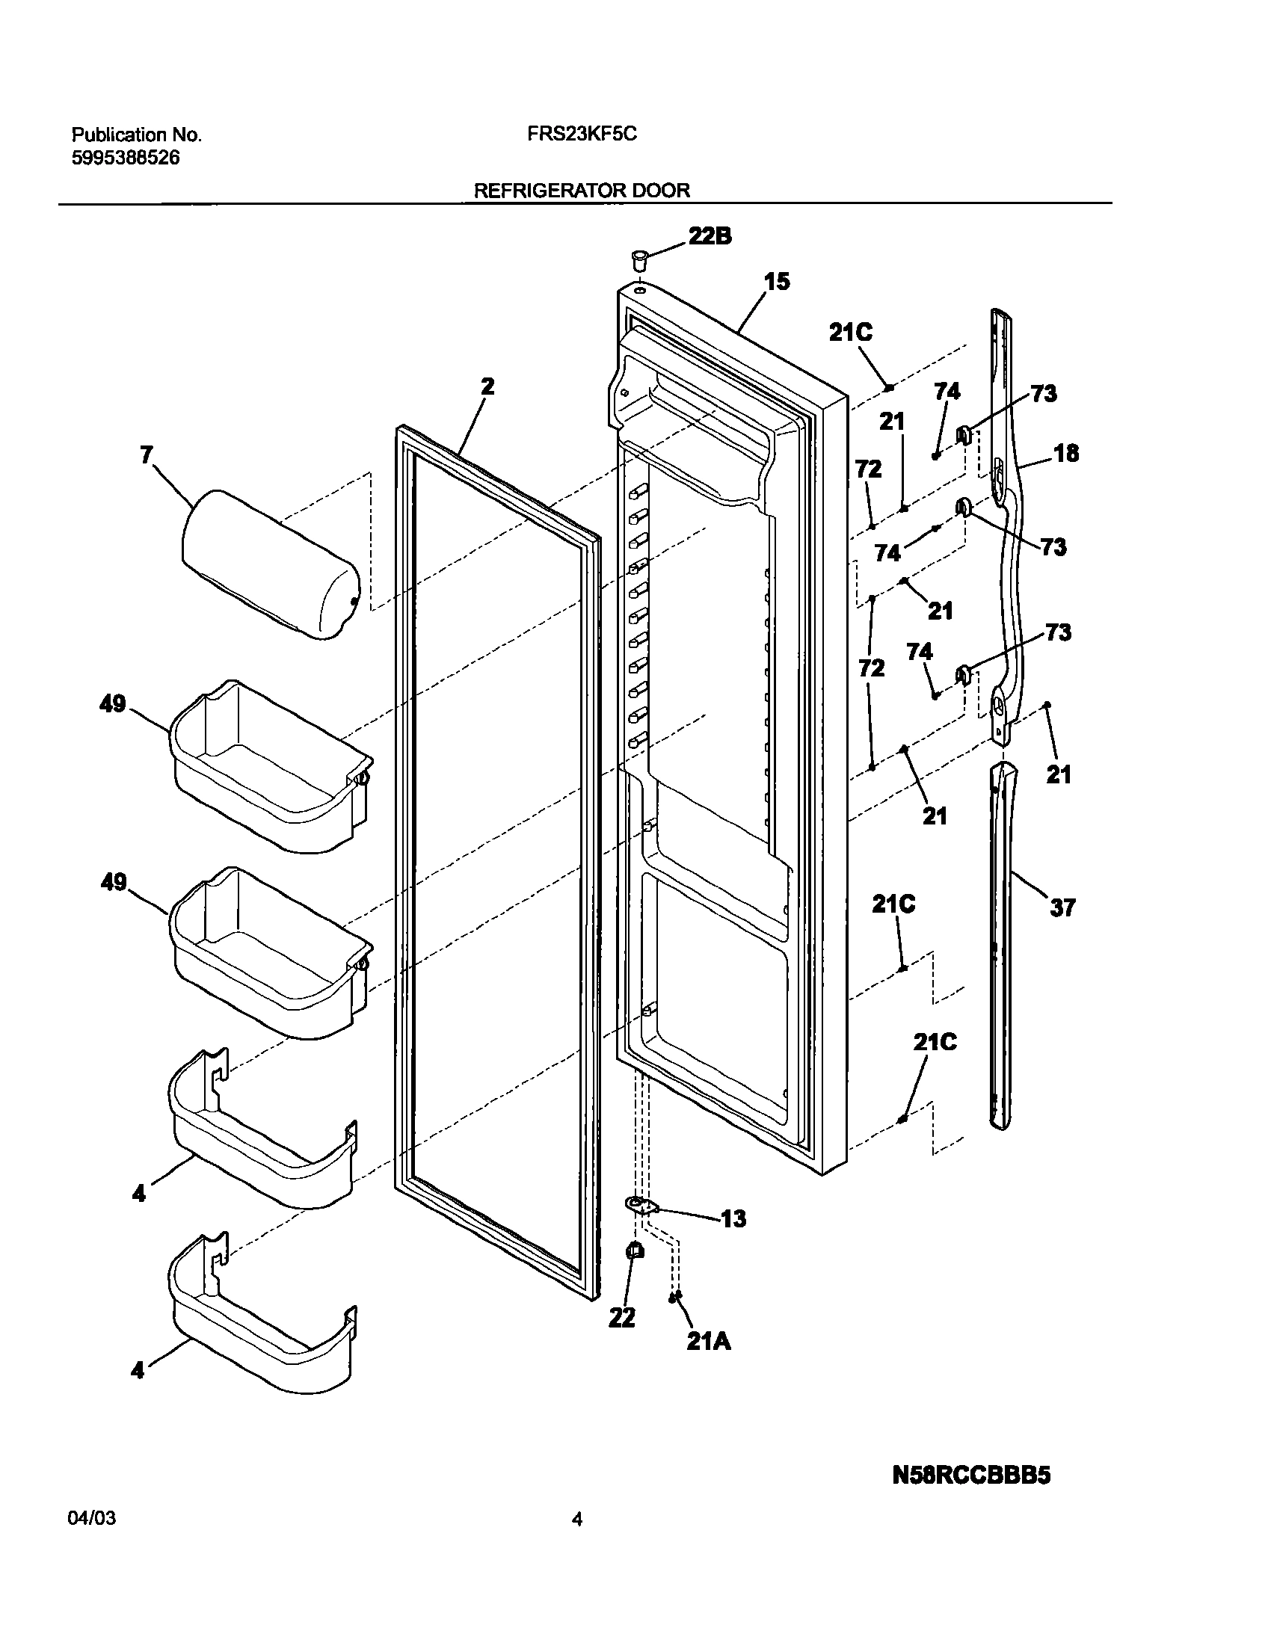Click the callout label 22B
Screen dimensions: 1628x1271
tap(710, 237)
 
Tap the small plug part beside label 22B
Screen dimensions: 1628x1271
tap(638, 262)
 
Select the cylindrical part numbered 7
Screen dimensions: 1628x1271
tap(269, 565)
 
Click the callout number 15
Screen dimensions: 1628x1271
tap(776, 282)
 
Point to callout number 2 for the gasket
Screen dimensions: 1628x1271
tap(487, 386)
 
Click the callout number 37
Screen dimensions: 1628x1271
tap(1062, 907)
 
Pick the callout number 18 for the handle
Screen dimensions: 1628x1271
tap(1067, 453)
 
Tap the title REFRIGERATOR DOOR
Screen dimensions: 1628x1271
tap(582, 191)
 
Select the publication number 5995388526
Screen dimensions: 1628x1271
tap(126, 158)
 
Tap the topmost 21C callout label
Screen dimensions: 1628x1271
tap(850, 333)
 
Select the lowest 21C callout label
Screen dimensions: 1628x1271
tap(935, 1042)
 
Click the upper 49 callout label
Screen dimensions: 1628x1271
tap(113, 704)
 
